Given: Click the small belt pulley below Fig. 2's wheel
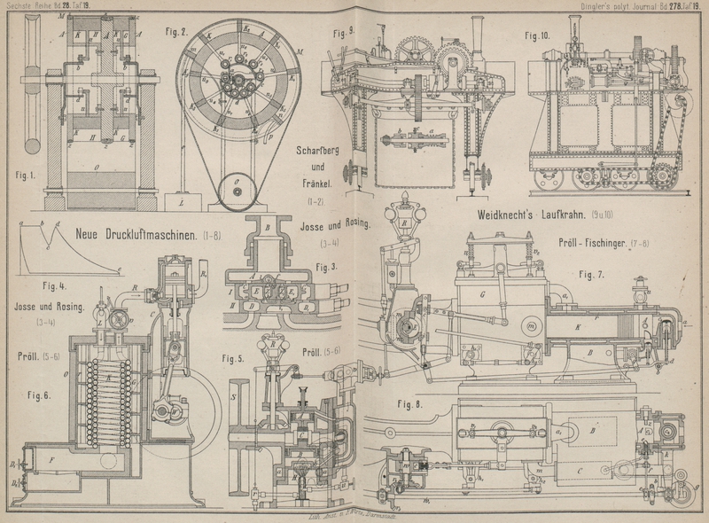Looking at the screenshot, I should (238, 190).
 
